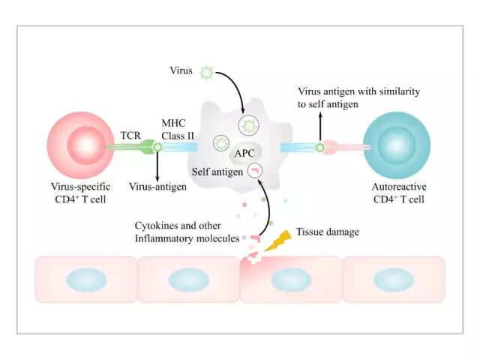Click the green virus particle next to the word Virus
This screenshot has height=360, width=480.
pos(205,73)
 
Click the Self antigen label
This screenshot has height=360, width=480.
pos(218,172)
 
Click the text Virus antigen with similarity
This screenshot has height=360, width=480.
pos(358,91)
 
